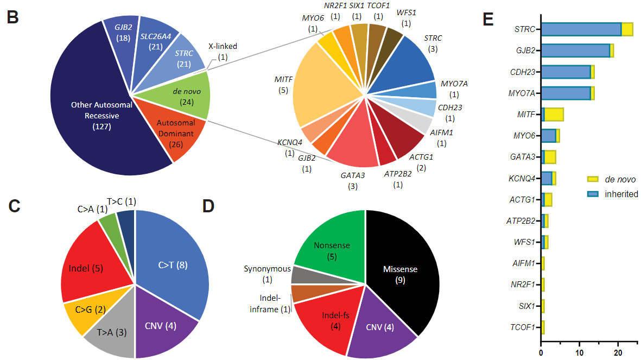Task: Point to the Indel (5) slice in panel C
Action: pyautogui.click(x=87, y=268)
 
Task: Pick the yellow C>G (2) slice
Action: pyautogui.click(x=81, y=310)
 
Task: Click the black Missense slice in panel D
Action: pyautogui.click(x=402, y=271)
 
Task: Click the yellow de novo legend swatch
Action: pyautogui.click(x=593, y=179)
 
